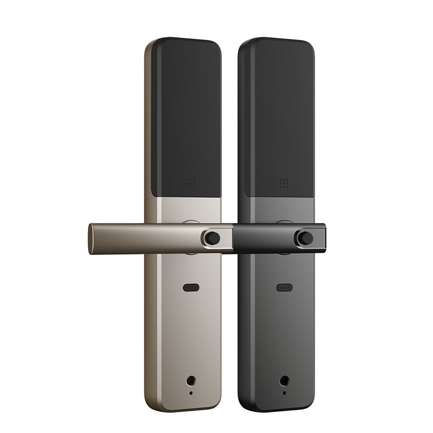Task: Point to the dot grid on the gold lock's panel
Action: click(191, 184)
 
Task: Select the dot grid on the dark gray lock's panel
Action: click(283, 183)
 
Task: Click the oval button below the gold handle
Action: click(192, 287)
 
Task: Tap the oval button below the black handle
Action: click(284, 287)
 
